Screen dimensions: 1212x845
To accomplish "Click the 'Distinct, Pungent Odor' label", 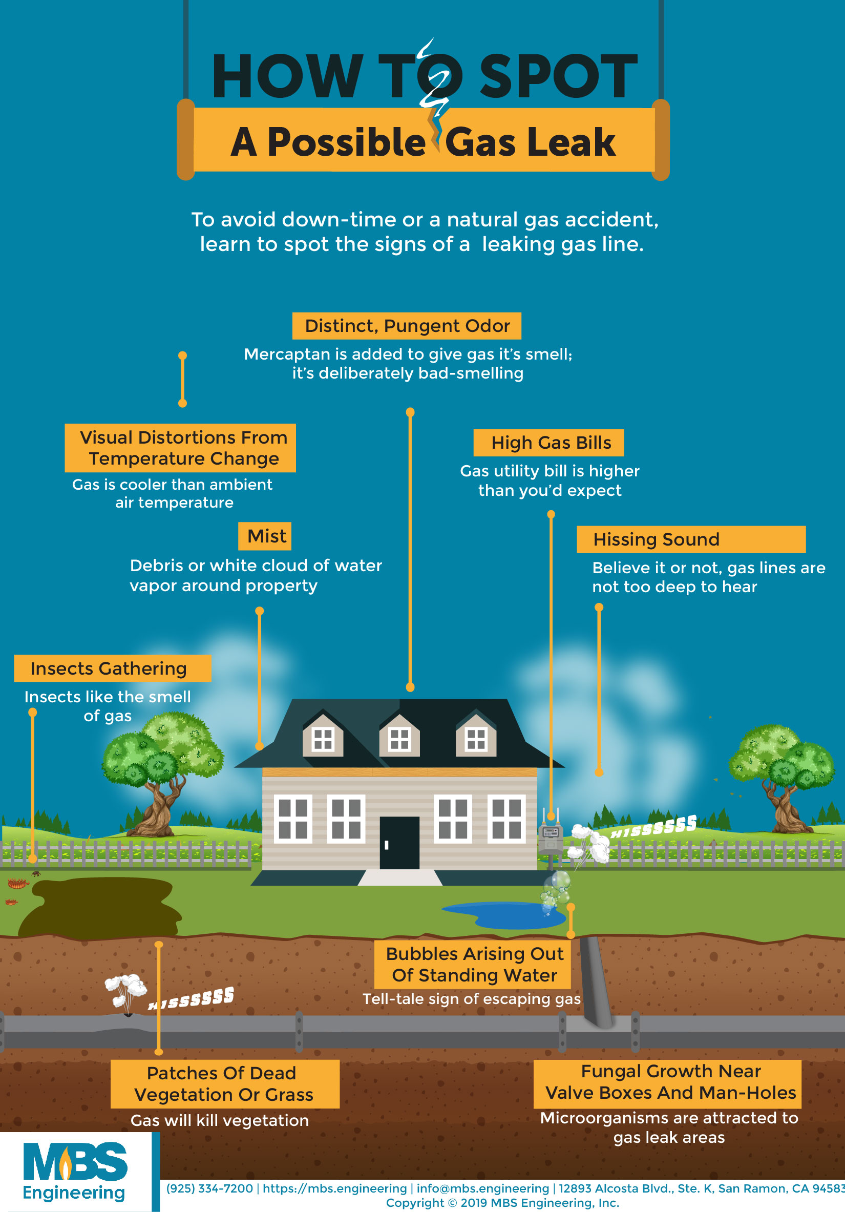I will coord(407,326).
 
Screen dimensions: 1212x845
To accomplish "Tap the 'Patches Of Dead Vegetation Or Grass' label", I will coord(225,1084).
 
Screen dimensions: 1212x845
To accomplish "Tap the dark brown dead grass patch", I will coord(100,906).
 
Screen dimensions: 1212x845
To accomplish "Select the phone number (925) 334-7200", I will coord(209,1189).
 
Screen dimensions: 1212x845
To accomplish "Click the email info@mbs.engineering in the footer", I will coord(482,1189).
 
